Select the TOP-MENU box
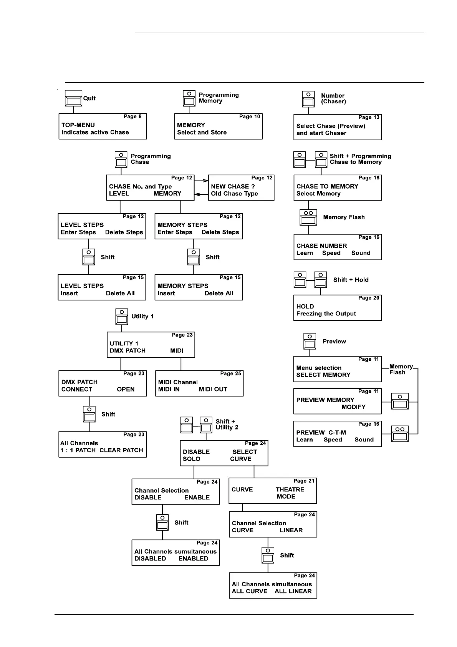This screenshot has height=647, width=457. [103, 126]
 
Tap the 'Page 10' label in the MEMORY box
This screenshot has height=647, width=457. [250, 116]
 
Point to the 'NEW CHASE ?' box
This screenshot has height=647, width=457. [241, 188]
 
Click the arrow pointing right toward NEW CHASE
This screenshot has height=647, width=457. [201, 180]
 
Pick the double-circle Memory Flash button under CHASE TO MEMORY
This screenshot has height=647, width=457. [308, 217]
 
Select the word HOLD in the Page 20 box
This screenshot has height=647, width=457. [305, 306]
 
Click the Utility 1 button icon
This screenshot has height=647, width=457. [122, 317]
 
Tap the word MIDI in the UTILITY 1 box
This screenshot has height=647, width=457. [177, 350]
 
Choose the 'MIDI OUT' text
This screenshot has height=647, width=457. [213, 389]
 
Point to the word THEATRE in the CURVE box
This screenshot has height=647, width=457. [290, 489]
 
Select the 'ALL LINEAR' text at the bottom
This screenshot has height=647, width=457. [293, 591]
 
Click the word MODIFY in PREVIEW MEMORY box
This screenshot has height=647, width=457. [353, 407]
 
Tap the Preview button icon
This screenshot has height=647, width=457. [310, 341]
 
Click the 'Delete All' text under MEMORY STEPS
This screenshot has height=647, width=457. [219, 293]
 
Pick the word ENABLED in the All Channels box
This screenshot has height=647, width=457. [193, 558]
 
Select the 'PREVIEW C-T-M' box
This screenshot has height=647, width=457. [337, 434]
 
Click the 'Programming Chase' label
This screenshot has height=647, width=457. [151, 159]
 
